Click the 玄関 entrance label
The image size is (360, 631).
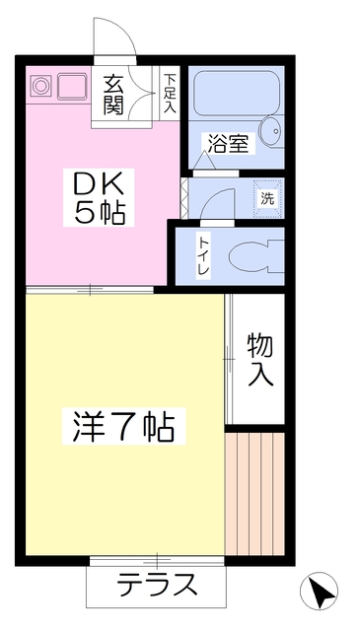[112, 95]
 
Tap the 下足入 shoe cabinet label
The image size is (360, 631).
[170, 94]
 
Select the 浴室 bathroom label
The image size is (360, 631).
[228, 144]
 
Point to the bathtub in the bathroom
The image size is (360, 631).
[237, 94]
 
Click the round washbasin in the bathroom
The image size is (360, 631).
[272, 131]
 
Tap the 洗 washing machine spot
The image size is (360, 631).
[267, 199]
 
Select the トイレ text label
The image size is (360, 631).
[203, 255]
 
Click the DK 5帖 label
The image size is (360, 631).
[99, 197]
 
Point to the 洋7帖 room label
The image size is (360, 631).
[123, 426]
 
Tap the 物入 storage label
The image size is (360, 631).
[260, 360]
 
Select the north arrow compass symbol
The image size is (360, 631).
[319, 591]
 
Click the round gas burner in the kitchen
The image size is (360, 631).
[41, 86]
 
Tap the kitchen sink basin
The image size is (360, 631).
[72, 86]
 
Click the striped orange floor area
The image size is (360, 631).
[255, 494]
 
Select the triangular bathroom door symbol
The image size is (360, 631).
[205, 161]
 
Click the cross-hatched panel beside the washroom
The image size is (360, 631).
[184, 198]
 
